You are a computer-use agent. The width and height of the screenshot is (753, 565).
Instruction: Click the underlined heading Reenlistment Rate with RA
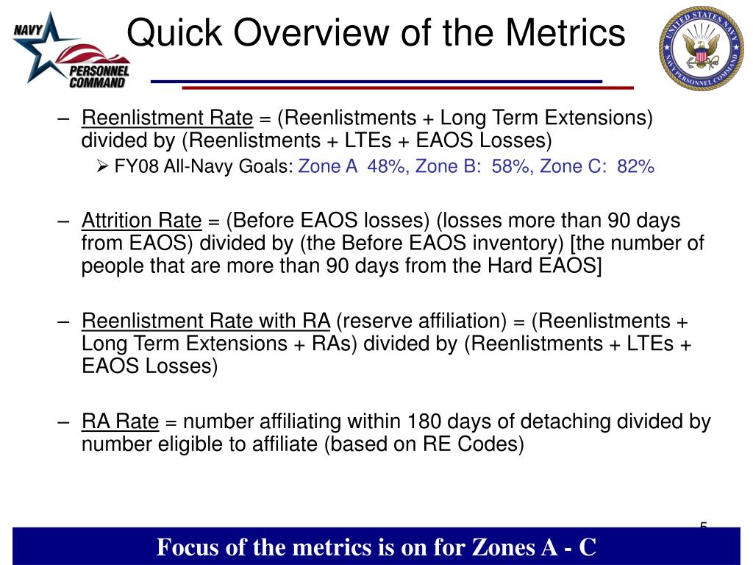pyautogui.click(x=206, y=321)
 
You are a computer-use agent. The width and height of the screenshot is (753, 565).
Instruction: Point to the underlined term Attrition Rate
pyautogui.click(x=141, y=221)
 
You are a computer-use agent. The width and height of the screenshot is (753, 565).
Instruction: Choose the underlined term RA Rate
pyautogui.click(x=120, y=422)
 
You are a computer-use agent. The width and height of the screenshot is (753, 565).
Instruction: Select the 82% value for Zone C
pyautogui.click(x=636, y=167)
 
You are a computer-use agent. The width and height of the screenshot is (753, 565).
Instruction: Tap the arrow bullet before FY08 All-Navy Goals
pyautogui.click(x=103, y=167)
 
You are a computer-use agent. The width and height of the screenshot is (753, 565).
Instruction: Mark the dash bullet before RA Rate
pyautogui.click(x=65, y=422)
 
